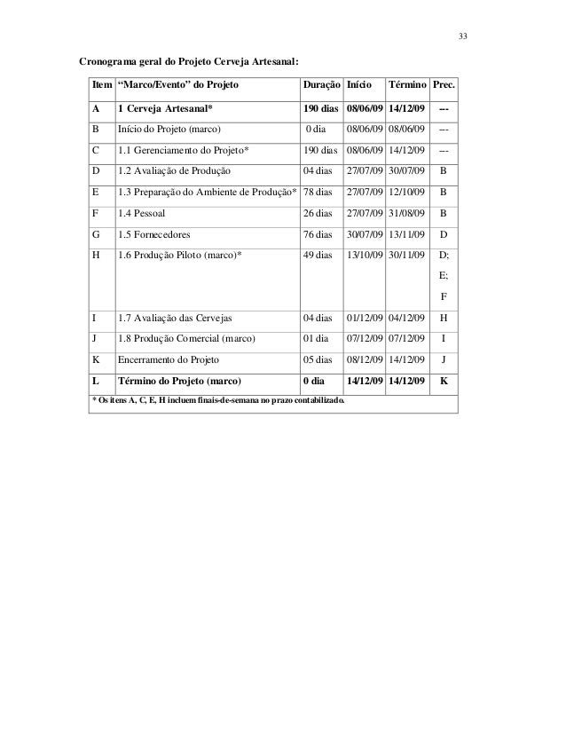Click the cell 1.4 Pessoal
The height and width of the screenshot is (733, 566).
pos(141,214)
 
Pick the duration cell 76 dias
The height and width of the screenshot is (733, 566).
pos(318,235)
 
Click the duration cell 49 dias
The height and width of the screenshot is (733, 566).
pos(318,256)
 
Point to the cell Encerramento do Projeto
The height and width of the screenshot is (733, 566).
pos(169,359)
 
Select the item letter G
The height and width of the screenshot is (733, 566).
pos(95,235)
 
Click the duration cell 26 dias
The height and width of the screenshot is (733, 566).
pos(318,214)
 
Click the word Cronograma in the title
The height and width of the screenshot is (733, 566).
pos(109,63)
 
